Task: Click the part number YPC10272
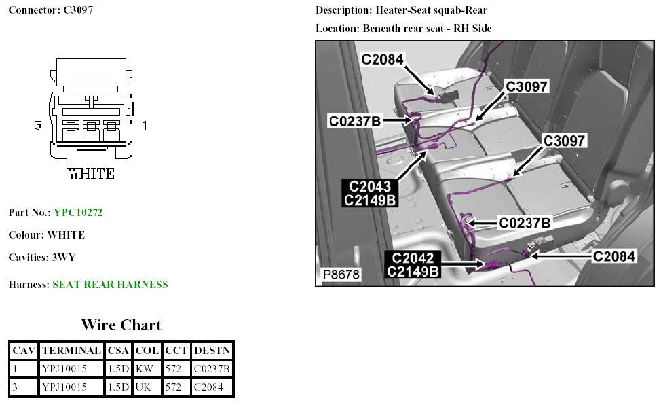tap(78, 213)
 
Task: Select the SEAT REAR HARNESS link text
tap(110, 285)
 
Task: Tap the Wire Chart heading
tap(121, 325)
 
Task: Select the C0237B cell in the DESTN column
tap(212, 369)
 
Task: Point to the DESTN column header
tap(212, 351)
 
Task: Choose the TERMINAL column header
tap(71, 351)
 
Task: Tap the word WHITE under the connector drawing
tap(91, 174)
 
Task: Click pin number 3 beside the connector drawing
tap(38, 126)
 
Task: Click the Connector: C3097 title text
tap(51, 11)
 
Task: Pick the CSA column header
tap(118, 351)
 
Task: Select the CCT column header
tap(176, 351)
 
